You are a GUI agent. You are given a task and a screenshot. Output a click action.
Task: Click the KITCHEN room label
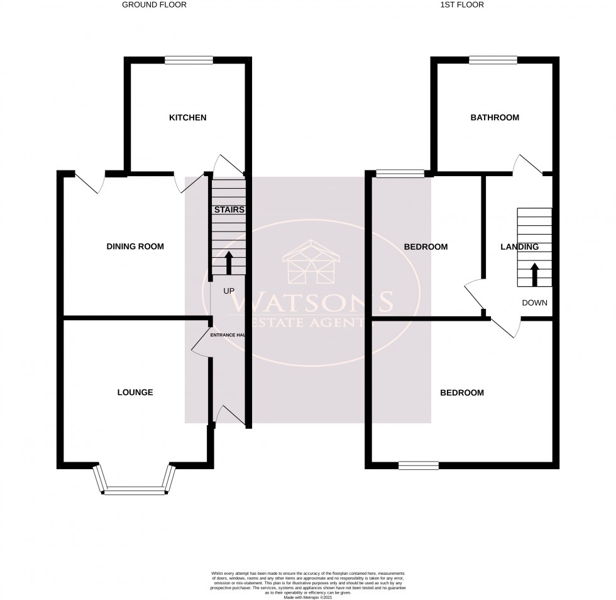[x=187, y=118]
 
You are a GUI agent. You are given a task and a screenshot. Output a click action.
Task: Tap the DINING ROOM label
[x=135, y=247]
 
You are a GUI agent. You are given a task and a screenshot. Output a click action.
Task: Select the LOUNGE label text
[x=135, y=392]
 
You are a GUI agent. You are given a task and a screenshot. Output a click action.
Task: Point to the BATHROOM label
[x=495, y=118]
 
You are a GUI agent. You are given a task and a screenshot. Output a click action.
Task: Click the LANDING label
[x=519, y=247]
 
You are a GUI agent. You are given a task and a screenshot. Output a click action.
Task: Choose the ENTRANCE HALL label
[x=227, y=335]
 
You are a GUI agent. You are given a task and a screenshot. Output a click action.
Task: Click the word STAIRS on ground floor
[x=229, y=209]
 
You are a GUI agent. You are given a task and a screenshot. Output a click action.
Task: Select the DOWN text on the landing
[x=534, y=303]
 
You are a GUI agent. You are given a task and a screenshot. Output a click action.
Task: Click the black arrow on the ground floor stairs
[x=228, y=263]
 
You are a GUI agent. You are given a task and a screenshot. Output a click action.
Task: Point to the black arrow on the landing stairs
[x=535, y=274]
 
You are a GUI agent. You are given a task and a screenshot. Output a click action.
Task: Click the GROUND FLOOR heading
[x=154, y=5]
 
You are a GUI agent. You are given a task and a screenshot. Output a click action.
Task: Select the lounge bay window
[x=134, y=489]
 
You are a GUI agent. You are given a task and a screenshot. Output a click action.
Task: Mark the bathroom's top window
[x=493, y=60]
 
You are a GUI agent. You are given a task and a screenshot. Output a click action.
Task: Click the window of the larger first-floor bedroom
[x=418, y=465]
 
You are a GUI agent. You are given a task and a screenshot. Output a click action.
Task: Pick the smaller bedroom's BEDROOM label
[x=426, y=247]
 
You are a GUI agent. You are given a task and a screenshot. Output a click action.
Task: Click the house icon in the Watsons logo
[x=312, y=262]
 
